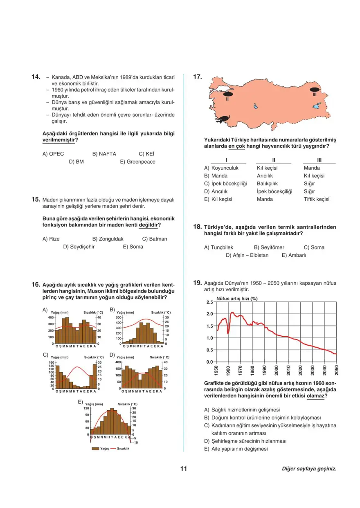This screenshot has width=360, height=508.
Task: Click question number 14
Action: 36,76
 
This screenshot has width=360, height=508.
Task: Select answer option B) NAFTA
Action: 104,154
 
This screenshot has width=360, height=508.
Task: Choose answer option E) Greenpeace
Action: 137,162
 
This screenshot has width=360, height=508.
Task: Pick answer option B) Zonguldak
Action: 108,239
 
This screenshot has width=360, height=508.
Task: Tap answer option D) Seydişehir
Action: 79,247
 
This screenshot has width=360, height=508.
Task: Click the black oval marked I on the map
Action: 223,119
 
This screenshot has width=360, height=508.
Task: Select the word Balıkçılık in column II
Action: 267,184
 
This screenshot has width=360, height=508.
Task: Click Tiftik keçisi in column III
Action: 316,199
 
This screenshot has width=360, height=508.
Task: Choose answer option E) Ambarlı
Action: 294,255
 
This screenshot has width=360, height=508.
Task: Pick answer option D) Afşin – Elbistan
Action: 247,255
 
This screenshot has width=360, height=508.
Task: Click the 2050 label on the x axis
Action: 335,370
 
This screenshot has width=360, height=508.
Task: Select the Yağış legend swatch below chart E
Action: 95,449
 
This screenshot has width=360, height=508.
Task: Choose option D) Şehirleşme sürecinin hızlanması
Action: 245,441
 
